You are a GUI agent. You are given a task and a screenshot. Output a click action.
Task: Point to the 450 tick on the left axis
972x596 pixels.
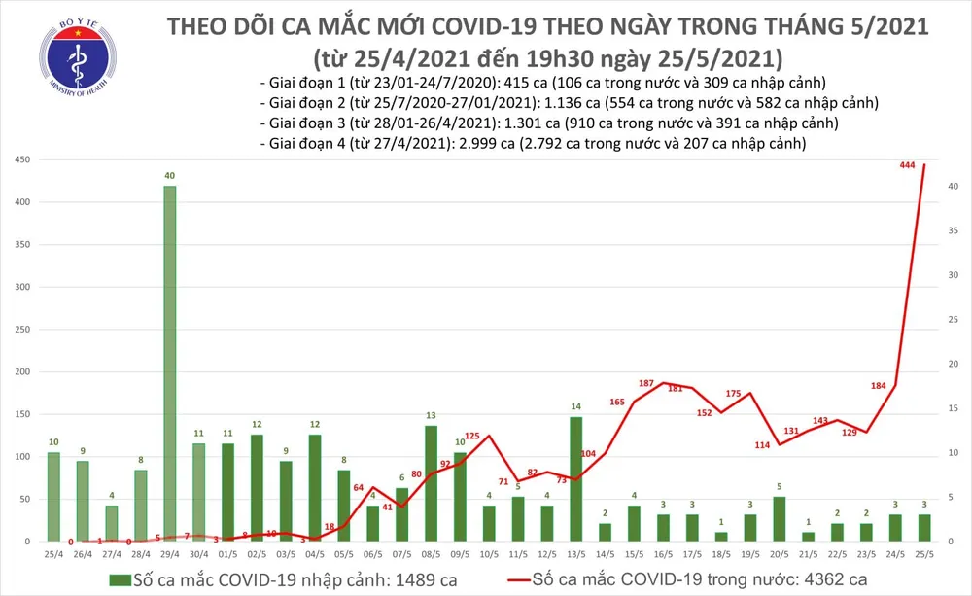(20, 159)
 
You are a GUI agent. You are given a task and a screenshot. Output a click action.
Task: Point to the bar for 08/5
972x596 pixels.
(431, 482)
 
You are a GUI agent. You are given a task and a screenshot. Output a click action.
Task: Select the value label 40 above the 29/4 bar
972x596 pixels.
(169, 176)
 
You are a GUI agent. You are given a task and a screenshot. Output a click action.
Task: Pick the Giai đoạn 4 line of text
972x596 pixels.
(535, 143)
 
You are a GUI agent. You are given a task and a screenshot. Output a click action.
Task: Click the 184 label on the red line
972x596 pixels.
(877, 386)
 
